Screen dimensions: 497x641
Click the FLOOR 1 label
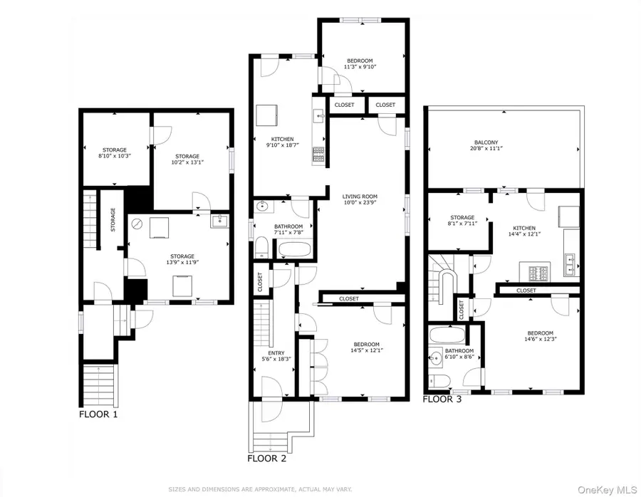pyautogui.click(x=98, y=413)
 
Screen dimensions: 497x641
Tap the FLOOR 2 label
pyautogui.click(x=266, y=459)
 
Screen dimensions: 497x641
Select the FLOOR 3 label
pyautogui.click(x=442, y=399)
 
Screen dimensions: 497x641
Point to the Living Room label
pyautogui.click(x=360, y=196)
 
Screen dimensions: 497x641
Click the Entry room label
pyautogui.click(x=276, y=353)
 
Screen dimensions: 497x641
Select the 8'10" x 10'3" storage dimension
pyautogui.click(x=113, y=155)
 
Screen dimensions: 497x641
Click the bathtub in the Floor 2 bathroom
pyautogui.click(x=294, y=248)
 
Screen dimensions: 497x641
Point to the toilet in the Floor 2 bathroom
pyautogui.click(x=261, y=247)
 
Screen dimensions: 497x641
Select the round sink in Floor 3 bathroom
pyautogui.click(x=436, y=359)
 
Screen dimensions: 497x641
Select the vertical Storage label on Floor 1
pyautogui.click(x=113, y=219)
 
